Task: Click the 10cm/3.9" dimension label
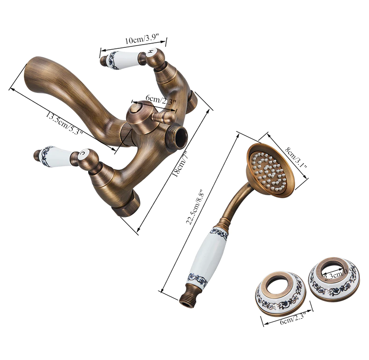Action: pos(142,39)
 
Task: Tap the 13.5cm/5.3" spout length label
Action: pos(63,123)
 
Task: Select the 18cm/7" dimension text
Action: pos(180,164)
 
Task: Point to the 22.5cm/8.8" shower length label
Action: pos(194,207)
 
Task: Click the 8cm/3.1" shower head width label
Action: pos(296,158)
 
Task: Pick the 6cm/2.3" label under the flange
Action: pos(292,318)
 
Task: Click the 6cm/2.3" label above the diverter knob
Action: pos(161,100)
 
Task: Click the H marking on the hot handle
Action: pos(151,52)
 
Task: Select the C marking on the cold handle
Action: pos(82,153)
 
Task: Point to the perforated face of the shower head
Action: pos(269,169)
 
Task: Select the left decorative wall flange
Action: pos(280,293)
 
